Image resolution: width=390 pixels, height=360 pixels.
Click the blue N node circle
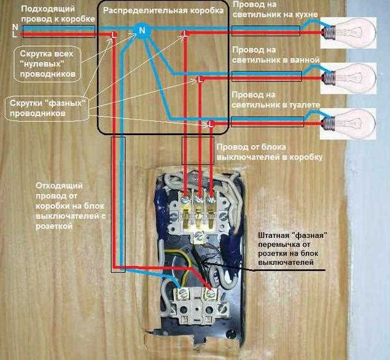pyautogui.click(x=142, y=30)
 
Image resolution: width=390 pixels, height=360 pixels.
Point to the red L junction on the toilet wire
pyautogui.click(x=211, y=124)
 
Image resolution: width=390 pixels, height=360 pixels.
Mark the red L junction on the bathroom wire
pyautogui.click(x=200, y=79)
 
